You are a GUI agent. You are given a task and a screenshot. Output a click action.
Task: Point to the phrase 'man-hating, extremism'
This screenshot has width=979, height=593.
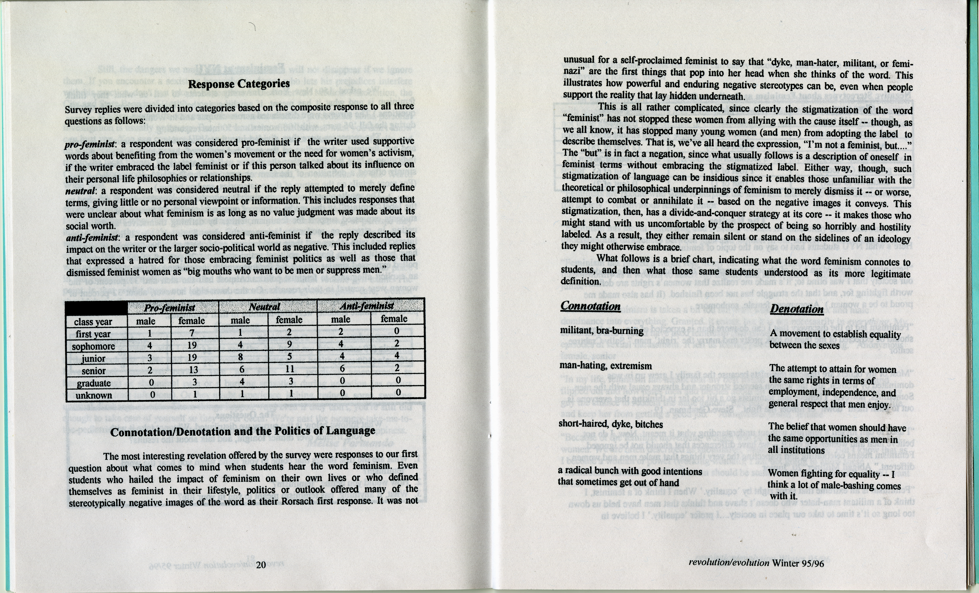(x=606, y=366)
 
